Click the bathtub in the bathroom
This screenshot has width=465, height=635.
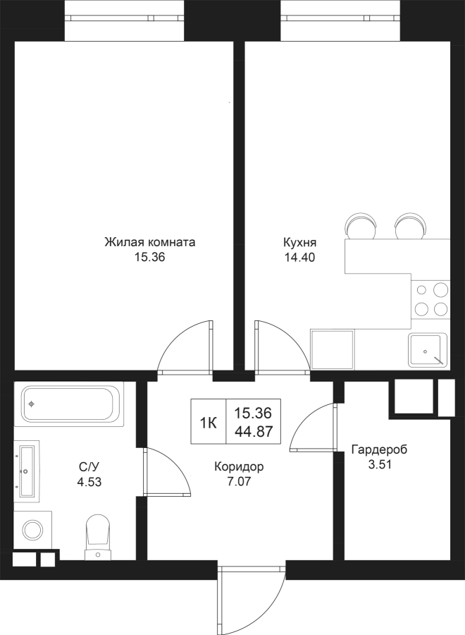pos(69,404)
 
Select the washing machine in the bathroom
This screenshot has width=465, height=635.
pos(32,529)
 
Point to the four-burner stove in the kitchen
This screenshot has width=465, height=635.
pos(430,298)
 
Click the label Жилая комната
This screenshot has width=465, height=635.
pos(149,242)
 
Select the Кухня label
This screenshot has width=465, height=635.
pos(299,242)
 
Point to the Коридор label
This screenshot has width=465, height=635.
pos(240,466)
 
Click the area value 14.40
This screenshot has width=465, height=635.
pos(299,258)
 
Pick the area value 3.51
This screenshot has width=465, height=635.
pos(380,464)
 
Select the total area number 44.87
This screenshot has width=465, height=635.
pos(254,432)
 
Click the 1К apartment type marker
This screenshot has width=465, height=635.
pos(208,423)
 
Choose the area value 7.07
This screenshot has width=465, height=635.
pos(240,483)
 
